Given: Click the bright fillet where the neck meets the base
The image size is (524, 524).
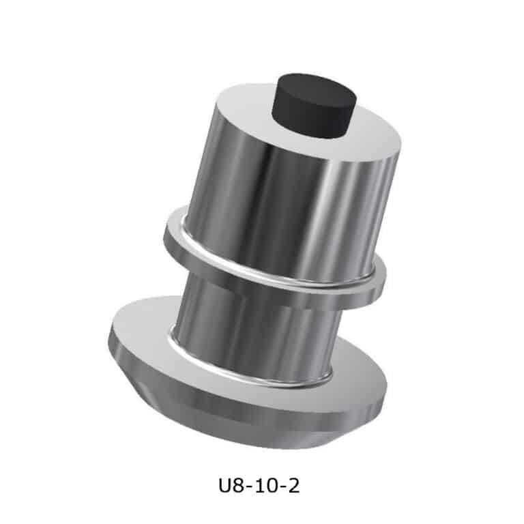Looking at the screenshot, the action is pyautogui.click(x=247, y=375).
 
